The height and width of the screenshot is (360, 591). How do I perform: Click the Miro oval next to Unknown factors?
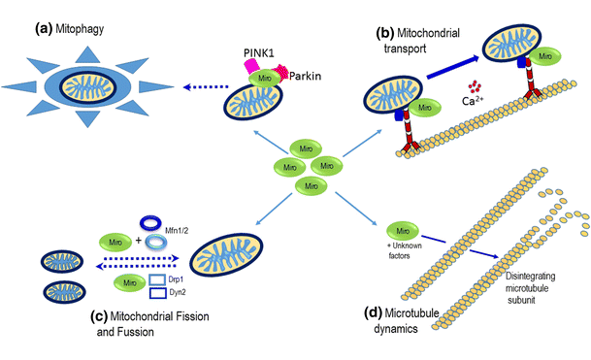(402, 231)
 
